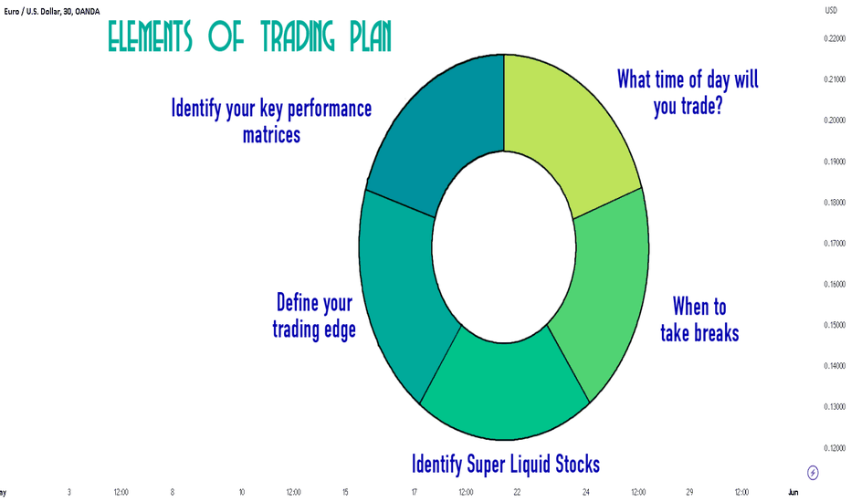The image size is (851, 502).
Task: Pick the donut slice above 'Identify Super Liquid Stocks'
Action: click(505, 391)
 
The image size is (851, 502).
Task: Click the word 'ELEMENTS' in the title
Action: click(150, 37)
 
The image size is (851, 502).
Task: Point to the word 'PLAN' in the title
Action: click(370, 37)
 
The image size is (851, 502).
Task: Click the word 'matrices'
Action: click(271, 135)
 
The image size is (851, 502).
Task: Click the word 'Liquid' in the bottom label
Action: click(530, 465)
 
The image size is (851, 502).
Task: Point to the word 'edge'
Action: click(340, 330)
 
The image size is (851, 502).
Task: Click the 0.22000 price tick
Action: click(835, 38)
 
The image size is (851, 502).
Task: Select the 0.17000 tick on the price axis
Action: click(835, 243)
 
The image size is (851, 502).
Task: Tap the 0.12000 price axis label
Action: click(835, 448)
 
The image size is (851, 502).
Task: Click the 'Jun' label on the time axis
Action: click(793, 492)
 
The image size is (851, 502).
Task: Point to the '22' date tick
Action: click(517, 492)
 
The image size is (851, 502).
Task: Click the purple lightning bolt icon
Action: click(813, 473)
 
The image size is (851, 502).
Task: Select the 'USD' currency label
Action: click(831, 10)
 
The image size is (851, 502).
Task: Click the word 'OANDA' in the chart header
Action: click(88, 11)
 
